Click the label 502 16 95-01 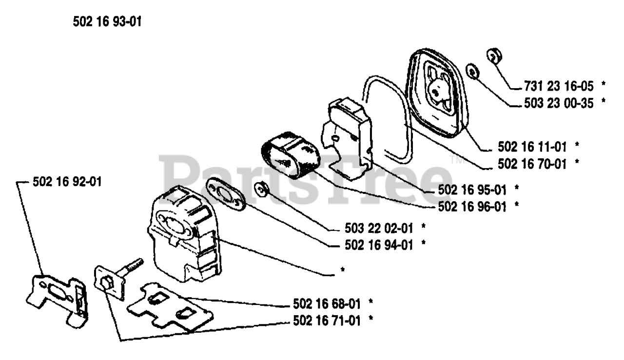click(x=470, y=188)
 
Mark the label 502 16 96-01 click(x=470, y=206)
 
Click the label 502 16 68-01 click(x=327, y=304)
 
